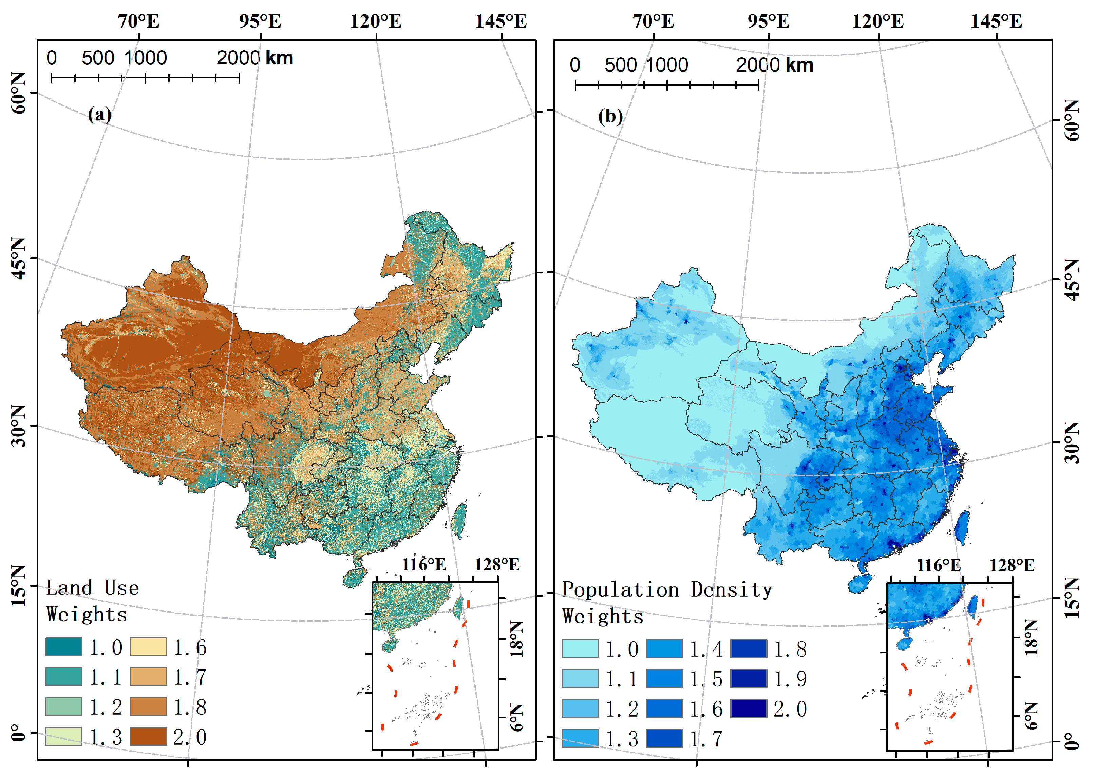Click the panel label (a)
[x=99, y=115]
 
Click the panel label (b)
[x=610, y=116]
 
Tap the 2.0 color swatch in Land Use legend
[x=148, y=737]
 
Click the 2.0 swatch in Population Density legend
[x=749, y=708]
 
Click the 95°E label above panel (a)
[x=260, y=21]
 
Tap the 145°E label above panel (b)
[x=997, y=21]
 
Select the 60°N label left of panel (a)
[x=18, y=93]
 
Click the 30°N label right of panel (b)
[x=1072, y=443]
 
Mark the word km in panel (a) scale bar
[x=279, y=58]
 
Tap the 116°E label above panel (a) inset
[x=423, y=565]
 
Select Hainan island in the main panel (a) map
[x=354, y=578]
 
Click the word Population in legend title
[x=620, y=590]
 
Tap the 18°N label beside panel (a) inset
[x=516, y=639]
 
